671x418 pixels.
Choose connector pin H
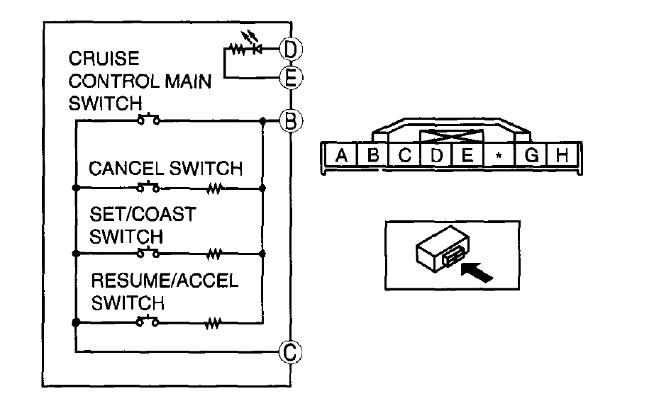click(562, 156)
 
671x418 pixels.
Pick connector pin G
click(531, 156)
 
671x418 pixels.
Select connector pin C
click(404, 156)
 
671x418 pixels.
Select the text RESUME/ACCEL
click(165, 280)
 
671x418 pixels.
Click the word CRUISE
click(104, 59)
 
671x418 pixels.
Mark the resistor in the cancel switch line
click(213, 188)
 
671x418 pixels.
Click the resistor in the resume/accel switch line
click(213, 323)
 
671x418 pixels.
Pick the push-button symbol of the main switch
click(148, 119)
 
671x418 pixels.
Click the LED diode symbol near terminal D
click(258, 49)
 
